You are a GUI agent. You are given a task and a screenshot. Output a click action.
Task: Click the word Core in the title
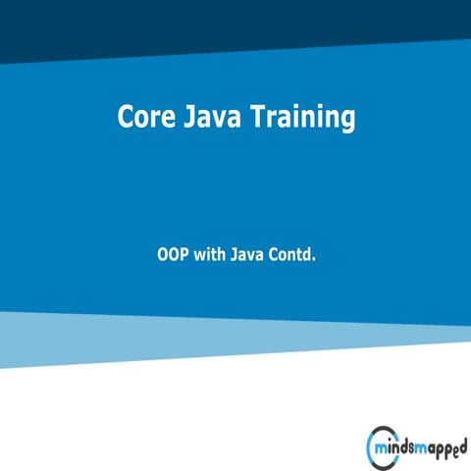[145, 117]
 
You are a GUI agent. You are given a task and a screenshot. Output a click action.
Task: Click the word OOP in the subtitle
[174, 255]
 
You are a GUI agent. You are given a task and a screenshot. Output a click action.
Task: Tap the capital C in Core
[126, 117]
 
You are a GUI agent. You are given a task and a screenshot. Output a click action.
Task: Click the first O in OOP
[163, 255]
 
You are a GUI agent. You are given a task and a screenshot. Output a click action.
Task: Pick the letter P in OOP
[184, 255]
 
